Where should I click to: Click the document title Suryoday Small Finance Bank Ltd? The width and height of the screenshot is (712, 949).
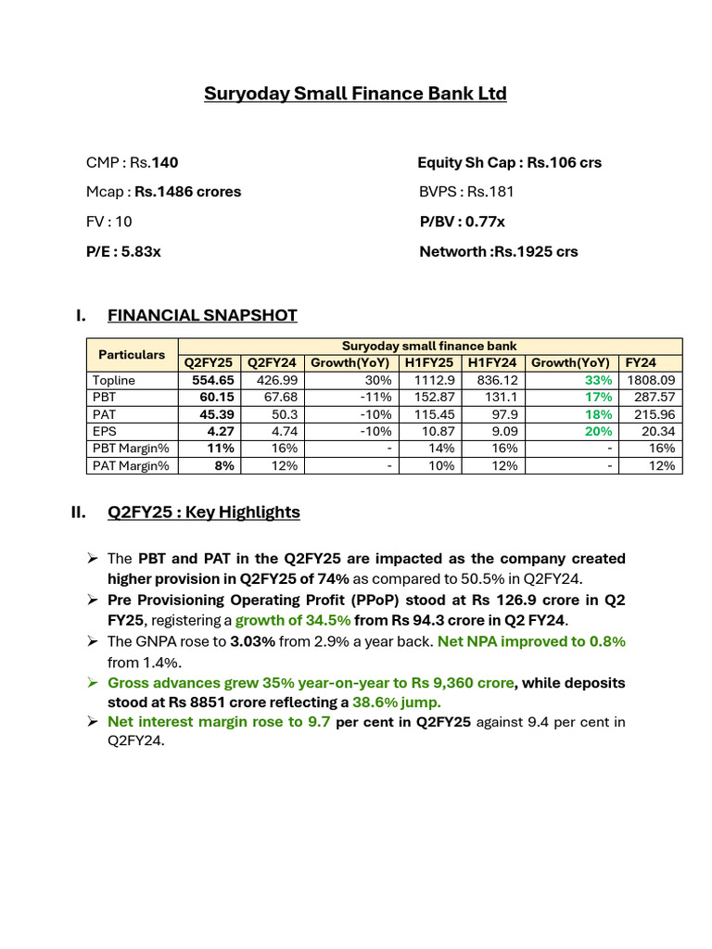355,94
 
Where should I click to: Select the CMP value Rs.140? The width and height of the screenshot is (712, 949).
165,162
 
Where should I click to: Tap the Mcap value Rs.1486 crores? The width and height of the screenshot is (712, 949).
187,192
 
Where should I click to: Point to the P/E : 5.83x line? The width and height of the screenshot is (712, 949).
123,251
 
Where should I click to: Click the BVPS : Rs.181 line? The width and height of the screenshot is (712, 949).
466,192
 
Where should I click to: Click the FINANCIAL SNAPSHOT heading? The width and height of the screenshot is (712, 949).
202,315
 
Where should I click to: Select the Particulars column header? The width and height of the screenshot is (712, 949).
132,354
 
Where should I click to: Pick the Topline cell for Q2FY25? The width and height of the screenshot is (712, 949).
212,380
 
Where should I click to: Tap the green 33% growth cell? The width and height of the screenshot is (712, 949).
597,380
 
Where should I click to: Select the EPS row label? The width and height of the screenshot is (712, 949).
106,431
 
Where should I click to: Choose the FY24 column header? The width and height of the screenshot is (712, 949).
639,362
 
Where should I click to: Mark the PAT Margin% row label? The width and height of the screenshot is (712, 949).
131,465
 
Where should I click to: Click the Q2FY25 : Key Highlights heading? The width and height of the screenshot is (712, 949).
203,512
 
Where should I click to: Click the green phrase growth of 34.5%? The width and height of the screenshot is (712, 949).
293,620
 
